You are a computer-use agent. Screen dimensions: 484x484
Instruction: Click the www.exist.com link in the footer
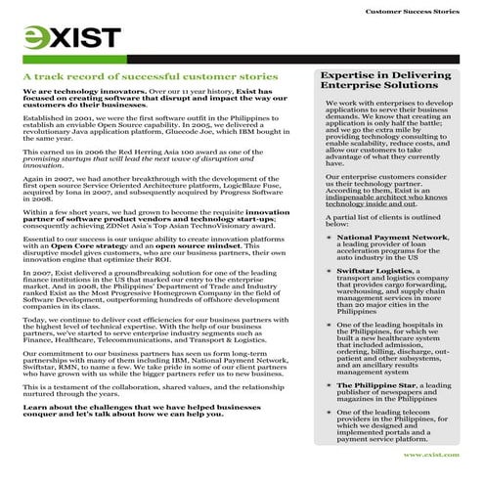pyautogui.click(x=431, y=455)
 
